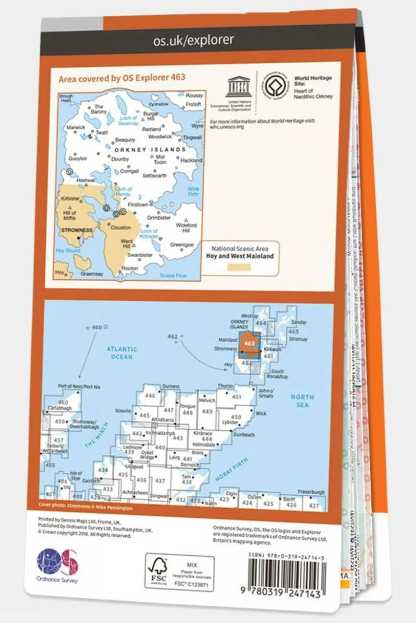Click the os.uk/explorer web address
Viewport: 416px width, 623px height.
193,41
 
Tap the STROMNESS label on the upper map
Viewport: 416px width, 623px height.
76,230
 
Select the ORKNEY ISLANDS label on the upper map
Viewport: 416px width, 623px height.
150,149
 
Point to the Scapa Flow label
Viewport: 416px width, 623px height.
173,275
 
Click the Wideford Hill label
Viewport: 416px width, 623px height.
186,228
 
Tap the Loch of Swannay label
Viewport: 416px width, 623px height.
128,120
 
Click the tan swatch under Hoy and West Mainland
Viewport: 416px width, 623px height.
239,268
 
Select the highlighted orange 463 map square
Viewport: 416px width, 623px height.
249,343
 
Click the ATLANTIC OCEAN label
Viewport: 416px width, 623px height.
122,353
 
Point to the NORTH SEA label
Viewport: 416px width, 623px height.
302,401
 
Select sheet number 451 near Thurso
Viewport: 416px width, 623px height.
236,397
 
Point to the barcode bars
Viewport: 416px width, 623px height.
286,574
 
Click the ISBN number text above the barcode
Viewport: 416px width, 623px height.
286,558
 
